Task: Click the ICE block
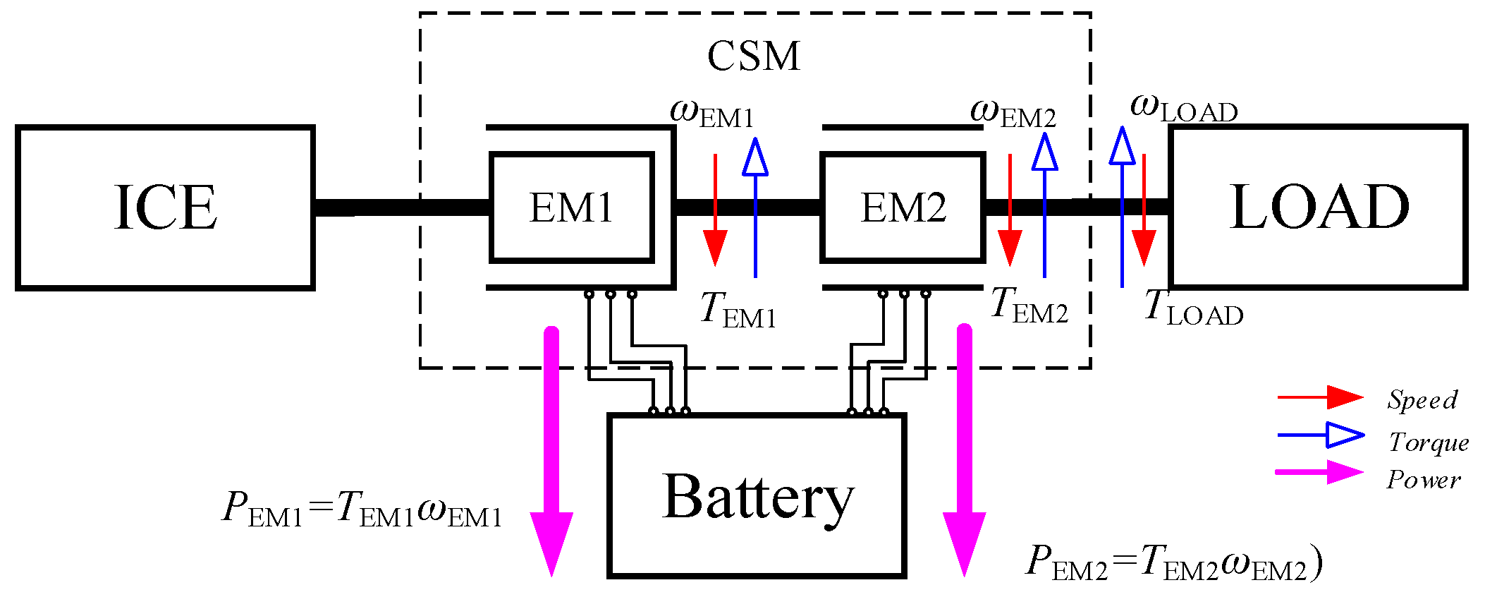pos(165,207)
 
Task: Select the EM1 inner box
pos(571,207)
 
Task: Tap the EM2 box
pos(903,207)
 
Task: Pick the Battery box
pos(757,496)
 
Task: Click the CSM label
pos(754,56)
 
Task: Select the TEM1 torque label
pos(738,310)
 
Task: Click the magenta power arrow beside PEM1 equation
pos(551,452)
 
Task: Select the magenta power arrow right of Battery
pos(964,452)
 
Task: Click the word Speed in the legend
pos(1422,399)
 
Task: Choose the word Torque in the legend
pos(1429,442)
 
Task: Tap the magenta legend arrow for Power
pos(1319,472)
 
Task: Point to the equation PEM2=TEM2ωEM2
pos(1173,563)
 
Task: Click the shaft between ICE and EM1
pos(402,207)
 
